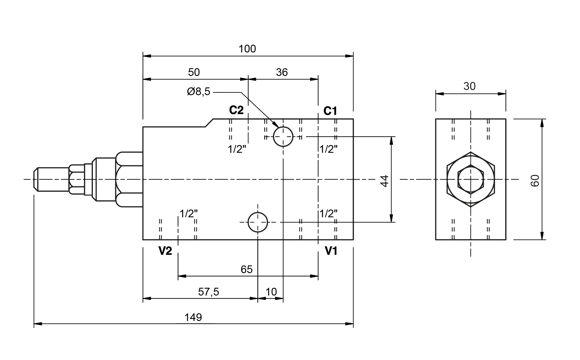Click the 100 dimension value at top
point(247,49)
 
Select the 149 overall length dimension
point(193,317)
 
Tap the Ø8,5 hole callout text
point(199,92)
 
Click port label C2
point(236,110)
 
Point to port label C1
point(330,111)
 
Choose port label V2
point(165,251)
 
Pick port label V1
point(331,251)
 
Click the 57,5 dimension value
point(209,292)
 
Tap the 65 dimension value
point(246,269)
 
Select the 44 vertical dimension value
point(385,181)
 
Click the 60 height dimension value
point(535,181)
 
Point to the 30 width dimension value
point(469,86)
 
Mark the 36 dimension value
point(282,72)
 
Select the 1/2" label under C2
point(237,149)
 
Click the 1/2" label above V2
point(189,214)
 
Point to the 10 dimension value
point(271,292)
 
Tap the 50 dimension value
point(194,72)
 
